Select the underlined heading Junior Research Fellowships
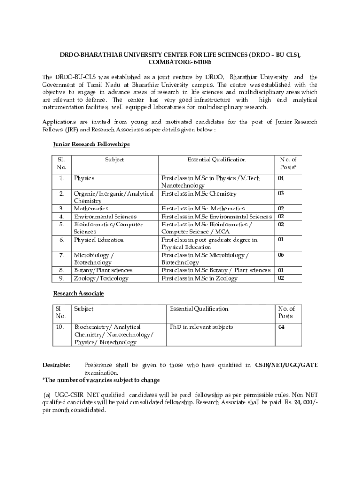point(91,145)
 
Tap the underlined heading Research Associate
point(78,293)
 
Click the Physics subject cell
point(84,178)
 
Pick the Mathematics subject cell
point(91,209)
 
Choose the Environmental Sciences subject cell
point(105,217)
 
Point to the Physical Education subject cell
point(99,240)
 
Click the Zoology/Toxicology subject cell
point(101,278)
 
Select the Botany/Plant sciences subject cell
point(103,270)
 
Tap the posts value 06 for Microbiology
point(281,255)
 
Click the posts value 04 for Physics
point(281,178)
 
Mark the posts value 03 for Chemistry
point(281,193)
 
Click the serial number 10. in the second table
point(59,327)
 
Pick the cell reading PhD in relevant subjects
point(201,327)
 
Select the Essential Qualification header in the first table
point(216,160)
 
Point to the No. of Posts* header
point(288,163)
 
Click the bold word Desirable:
point(56,365)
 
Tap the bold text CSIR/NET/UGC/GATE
point(286,365)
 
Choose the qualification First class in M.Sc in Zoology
point(199,278)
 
